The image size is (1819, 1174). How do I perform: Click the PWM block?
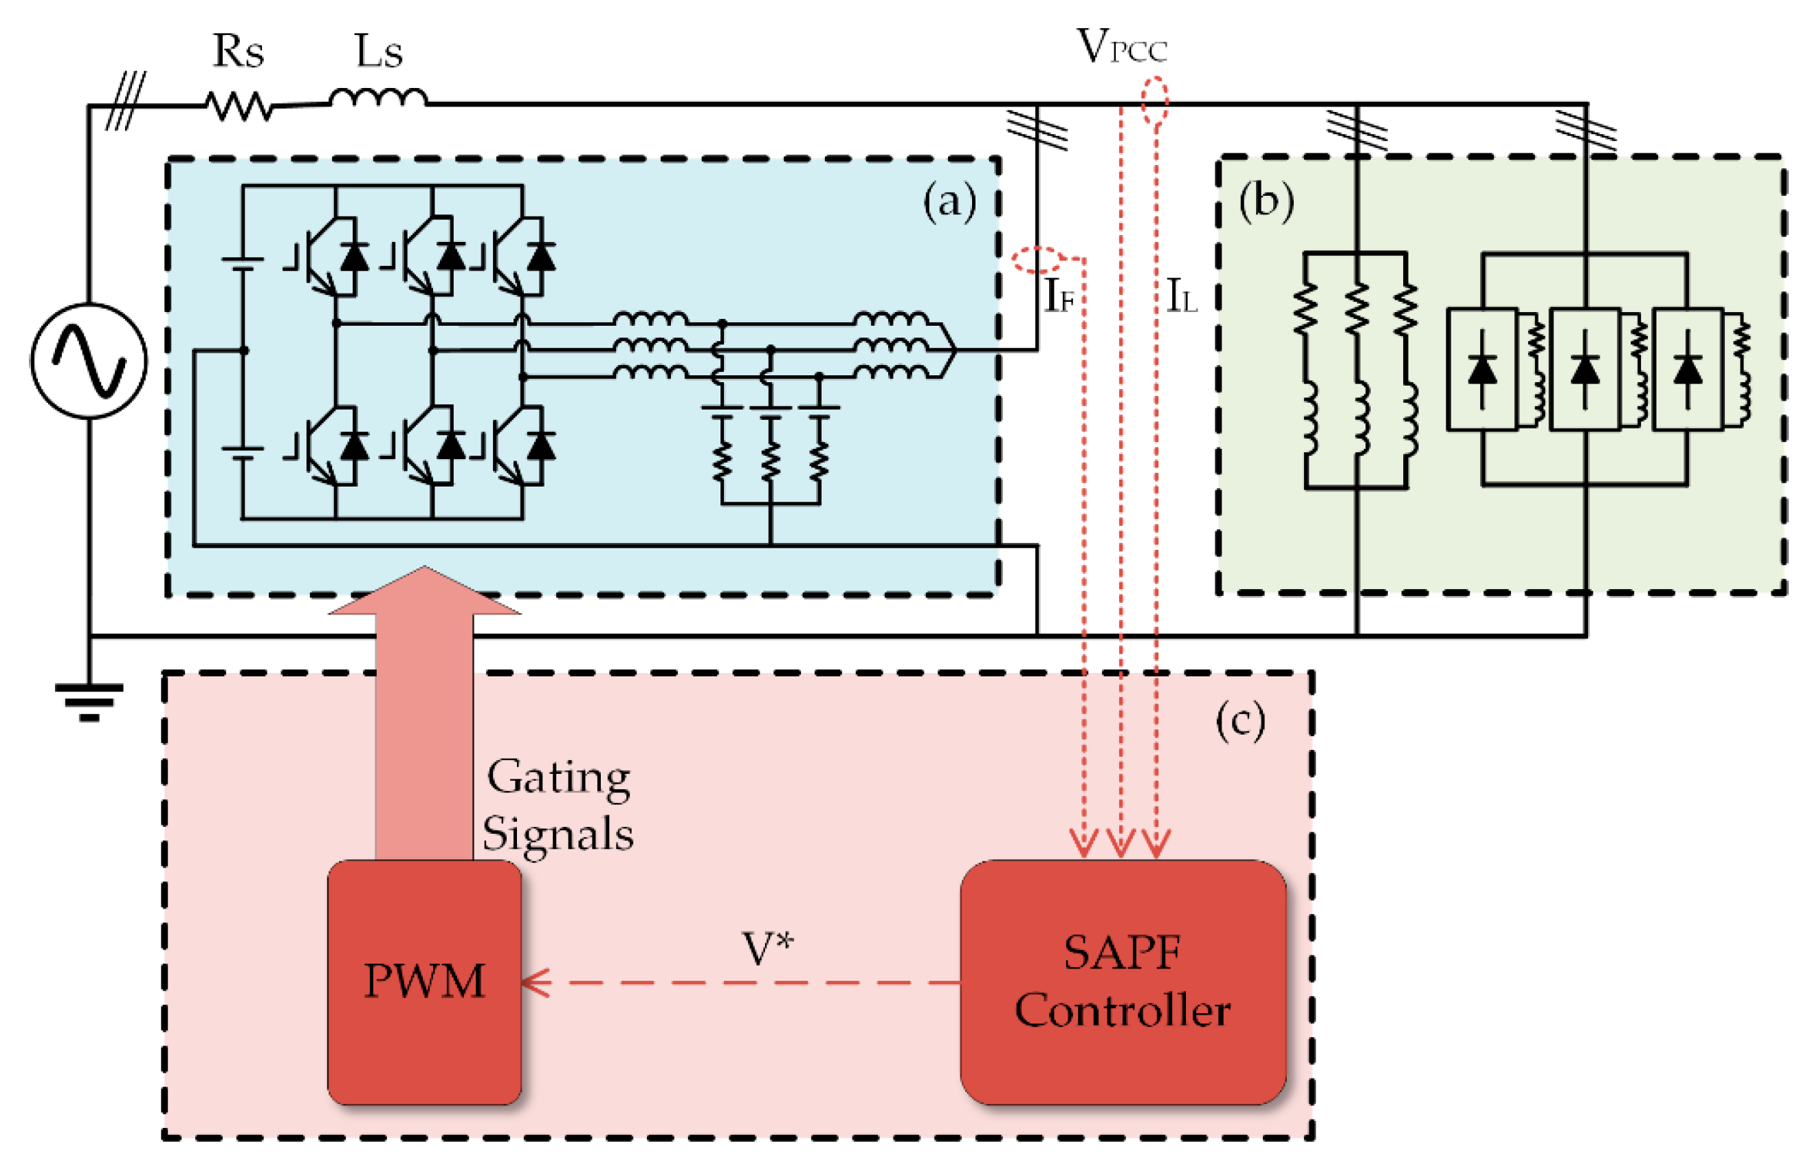pyautogui.click(x=424, y=980)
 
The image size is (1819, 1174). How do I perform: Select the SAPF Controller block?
pyautogui.click(x=1121, y=981)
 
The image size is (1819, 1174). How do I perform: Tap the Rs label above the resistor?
pyautogui.click(x=238, y=52)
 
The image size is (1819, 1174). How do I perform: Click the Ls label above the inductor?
pyautogui.click(x=378, y=52)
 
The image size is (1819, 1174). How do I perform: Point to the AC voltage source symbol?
pyautogui.click(x=89, y=361)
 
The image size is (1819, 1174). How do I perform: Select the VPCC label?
pyautogui.click(x=1120, y=47)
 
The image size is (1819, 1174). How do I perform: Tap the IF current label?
pyautogui.click(x=1058, y=296)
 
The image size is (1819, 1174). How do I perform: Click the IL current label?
pyautogui.click(x=1181, y=296)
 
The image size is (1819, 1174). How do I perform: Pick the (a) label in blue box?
pyautogui.click(x=949, y=202)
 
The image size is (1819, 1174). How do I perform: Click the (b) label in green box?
pyautogui.click(x=1266, y=202)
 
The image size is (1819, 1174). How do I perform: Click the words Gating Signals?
pyautogui.click(x=558, y=805)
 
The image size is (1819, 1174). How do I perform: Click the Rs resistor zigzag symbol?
pyautogui.click(x=239, y=107)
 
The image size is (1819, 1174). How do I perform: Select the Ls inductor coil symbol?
pyautogui.click(x=378, y=98)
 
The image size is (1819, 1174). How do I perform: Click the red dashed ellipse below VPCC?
pyautogui.click(x=1154, y=100)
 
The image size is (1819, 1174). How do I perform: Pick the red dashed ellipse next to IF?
pyautogui.click(x=1037, y=260)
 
